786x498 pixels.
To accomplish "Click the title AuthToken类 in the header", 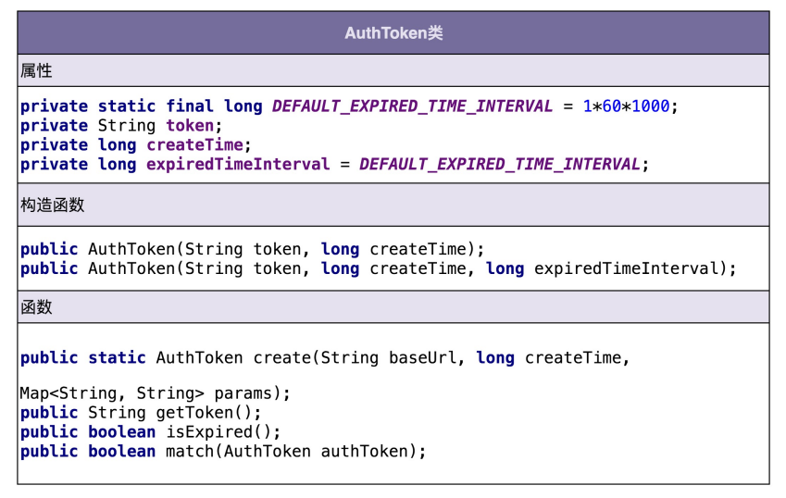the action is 393,33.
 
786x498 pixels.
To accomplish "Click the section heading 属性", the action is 36,70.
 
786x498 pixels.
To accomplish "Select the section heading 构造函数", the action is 52,205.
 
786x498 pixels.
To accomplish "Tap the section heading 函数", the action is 36,306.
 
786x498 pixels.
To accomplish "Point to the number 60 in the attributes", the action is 611,106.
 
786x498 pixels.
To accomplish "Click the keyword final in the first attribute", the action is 190,106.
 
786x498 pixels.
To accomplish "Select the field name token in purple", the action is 190,126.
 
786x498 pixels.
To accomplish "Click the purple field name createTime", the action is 194,145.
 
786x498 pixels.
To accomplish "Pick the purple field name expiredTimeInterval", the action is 238,165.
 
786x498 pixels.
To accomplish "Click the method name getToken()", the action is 214,413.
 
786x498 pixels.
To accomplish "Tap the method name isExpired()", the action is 223,432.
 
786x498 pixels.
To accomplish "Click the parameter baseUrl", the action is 422,358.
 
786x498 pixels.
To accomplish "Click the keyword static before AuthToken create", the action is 118,358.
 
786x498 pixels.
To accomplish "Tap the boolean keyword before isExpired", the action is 122,432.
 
